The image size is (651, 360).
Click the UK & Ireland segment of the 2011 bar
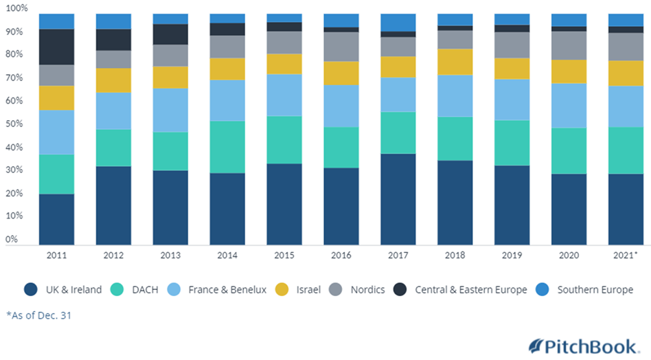56,218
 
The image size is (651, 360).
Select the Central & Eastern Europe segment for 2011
56,47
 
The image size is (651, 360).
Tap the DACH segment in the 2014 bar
227,146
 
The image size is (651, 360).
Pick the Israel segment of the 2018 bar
455,62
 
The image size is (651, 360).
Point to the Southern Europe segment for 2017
398,22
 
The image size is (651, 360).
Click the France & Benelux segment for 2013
170,110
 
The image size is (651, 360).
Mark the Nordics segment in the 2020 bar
568,45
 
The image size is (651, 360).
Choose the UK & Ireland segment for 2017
398,199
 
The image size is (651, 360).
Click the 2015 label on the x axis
284,255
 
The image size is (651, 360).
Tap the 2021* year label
626,255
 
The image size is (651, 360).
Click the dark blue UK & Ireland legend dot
31,289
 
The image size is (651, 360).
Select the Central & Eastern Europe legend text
471,289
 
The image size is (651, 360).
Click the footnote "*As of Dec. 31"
38,315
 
